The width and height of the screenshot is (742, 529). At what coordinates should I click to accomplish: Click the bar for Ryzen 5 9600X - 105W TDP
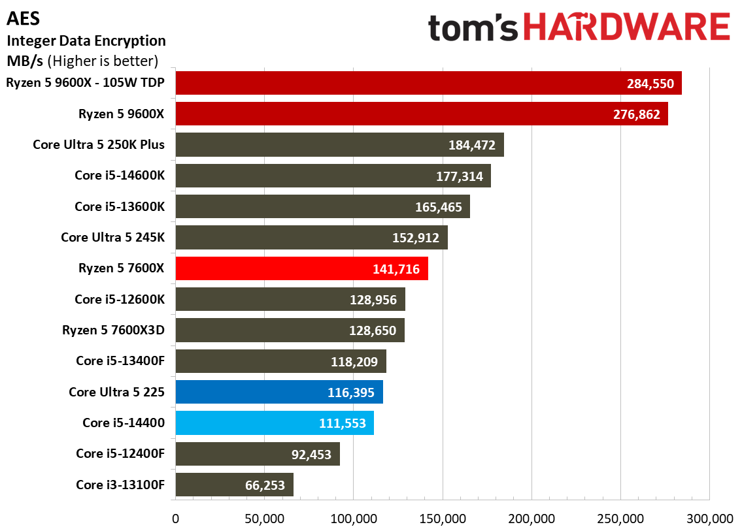coord(428,83)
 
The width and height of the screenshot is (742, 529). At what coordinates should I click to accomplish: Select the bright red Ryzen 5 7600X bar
coord(302,268)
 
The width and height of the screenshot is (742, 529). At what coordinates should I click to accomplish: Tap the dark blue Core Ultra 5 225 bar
coord(279,392)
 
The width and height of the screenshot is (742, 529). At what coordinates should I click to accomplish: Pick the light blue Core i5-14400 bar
coord(275,423)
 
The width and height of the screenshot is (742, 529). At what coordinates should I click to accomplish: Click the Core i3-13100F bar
coord(234,485)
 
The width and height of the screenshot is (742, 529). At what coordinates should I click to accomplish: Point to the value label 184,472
coord(472,145)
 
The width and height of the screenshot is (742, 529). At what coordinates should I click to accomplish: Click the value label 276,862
coord(637,114)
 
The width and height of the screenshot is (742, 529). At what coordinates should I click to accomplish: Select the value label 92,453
coord(311,455)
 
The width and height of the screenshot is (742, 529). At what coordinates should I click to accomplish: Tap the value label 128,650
coord(373,330)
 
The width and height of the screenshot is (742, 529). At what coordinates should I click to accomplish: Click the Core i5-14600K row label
coord(120,176)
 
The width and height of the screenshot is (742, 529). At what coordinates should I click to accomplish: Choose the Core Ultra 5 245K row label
coord(112,237)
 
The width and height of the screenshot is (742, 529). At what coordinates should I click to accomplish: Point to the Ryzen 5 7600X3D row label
coord(113,330)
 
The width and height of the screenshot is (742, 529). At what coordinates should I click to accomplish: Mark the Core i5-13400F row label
coord(120,361)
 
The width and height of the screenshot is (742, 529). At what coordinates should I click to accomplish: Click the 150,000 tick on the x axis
coord(443,519)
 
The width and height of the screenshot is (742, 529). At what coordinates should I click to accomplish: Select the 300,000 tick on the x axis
coord(709,519)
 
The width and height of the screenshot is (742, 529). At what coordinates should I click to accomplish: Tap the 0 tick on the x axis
coord(176,519)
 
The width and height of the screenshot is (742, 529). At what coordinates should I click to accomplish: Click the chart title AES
coord(23,18)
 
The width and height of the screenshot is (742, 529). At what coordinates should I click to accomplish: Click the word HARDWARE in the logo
coord(626,27)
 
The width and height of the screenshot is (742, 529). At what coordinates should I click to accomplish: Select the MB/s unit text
coord(25,61)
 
